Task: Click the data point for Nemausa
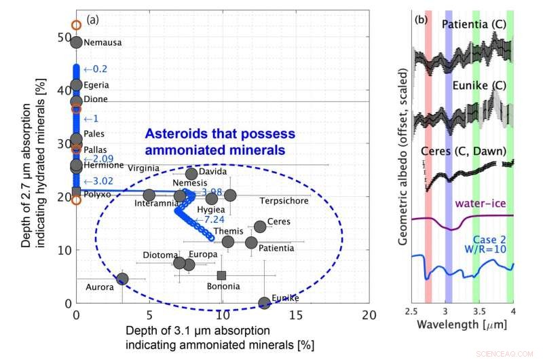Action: click(x=76, y=42)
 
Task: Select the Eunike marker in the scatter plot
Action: click(x=264, y=303)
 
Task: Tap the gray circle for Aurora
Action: click(x=122, y=278)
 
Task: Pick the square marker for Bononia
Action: click(x=221, y=275)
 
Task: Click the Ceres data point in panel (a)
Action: click(x=260, y=226)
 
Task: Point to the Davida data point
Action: click(x=191, y=174)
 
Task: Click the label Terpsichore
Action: click(x=284, y=201)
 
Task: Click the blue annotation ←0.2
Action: click(x=95, y=69)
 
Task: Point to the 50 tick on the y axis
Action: click(x=62, y=38)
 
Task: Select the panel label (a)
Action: click(x=92, y=20)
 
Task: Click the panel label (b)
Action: click(x=421, y=20)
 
